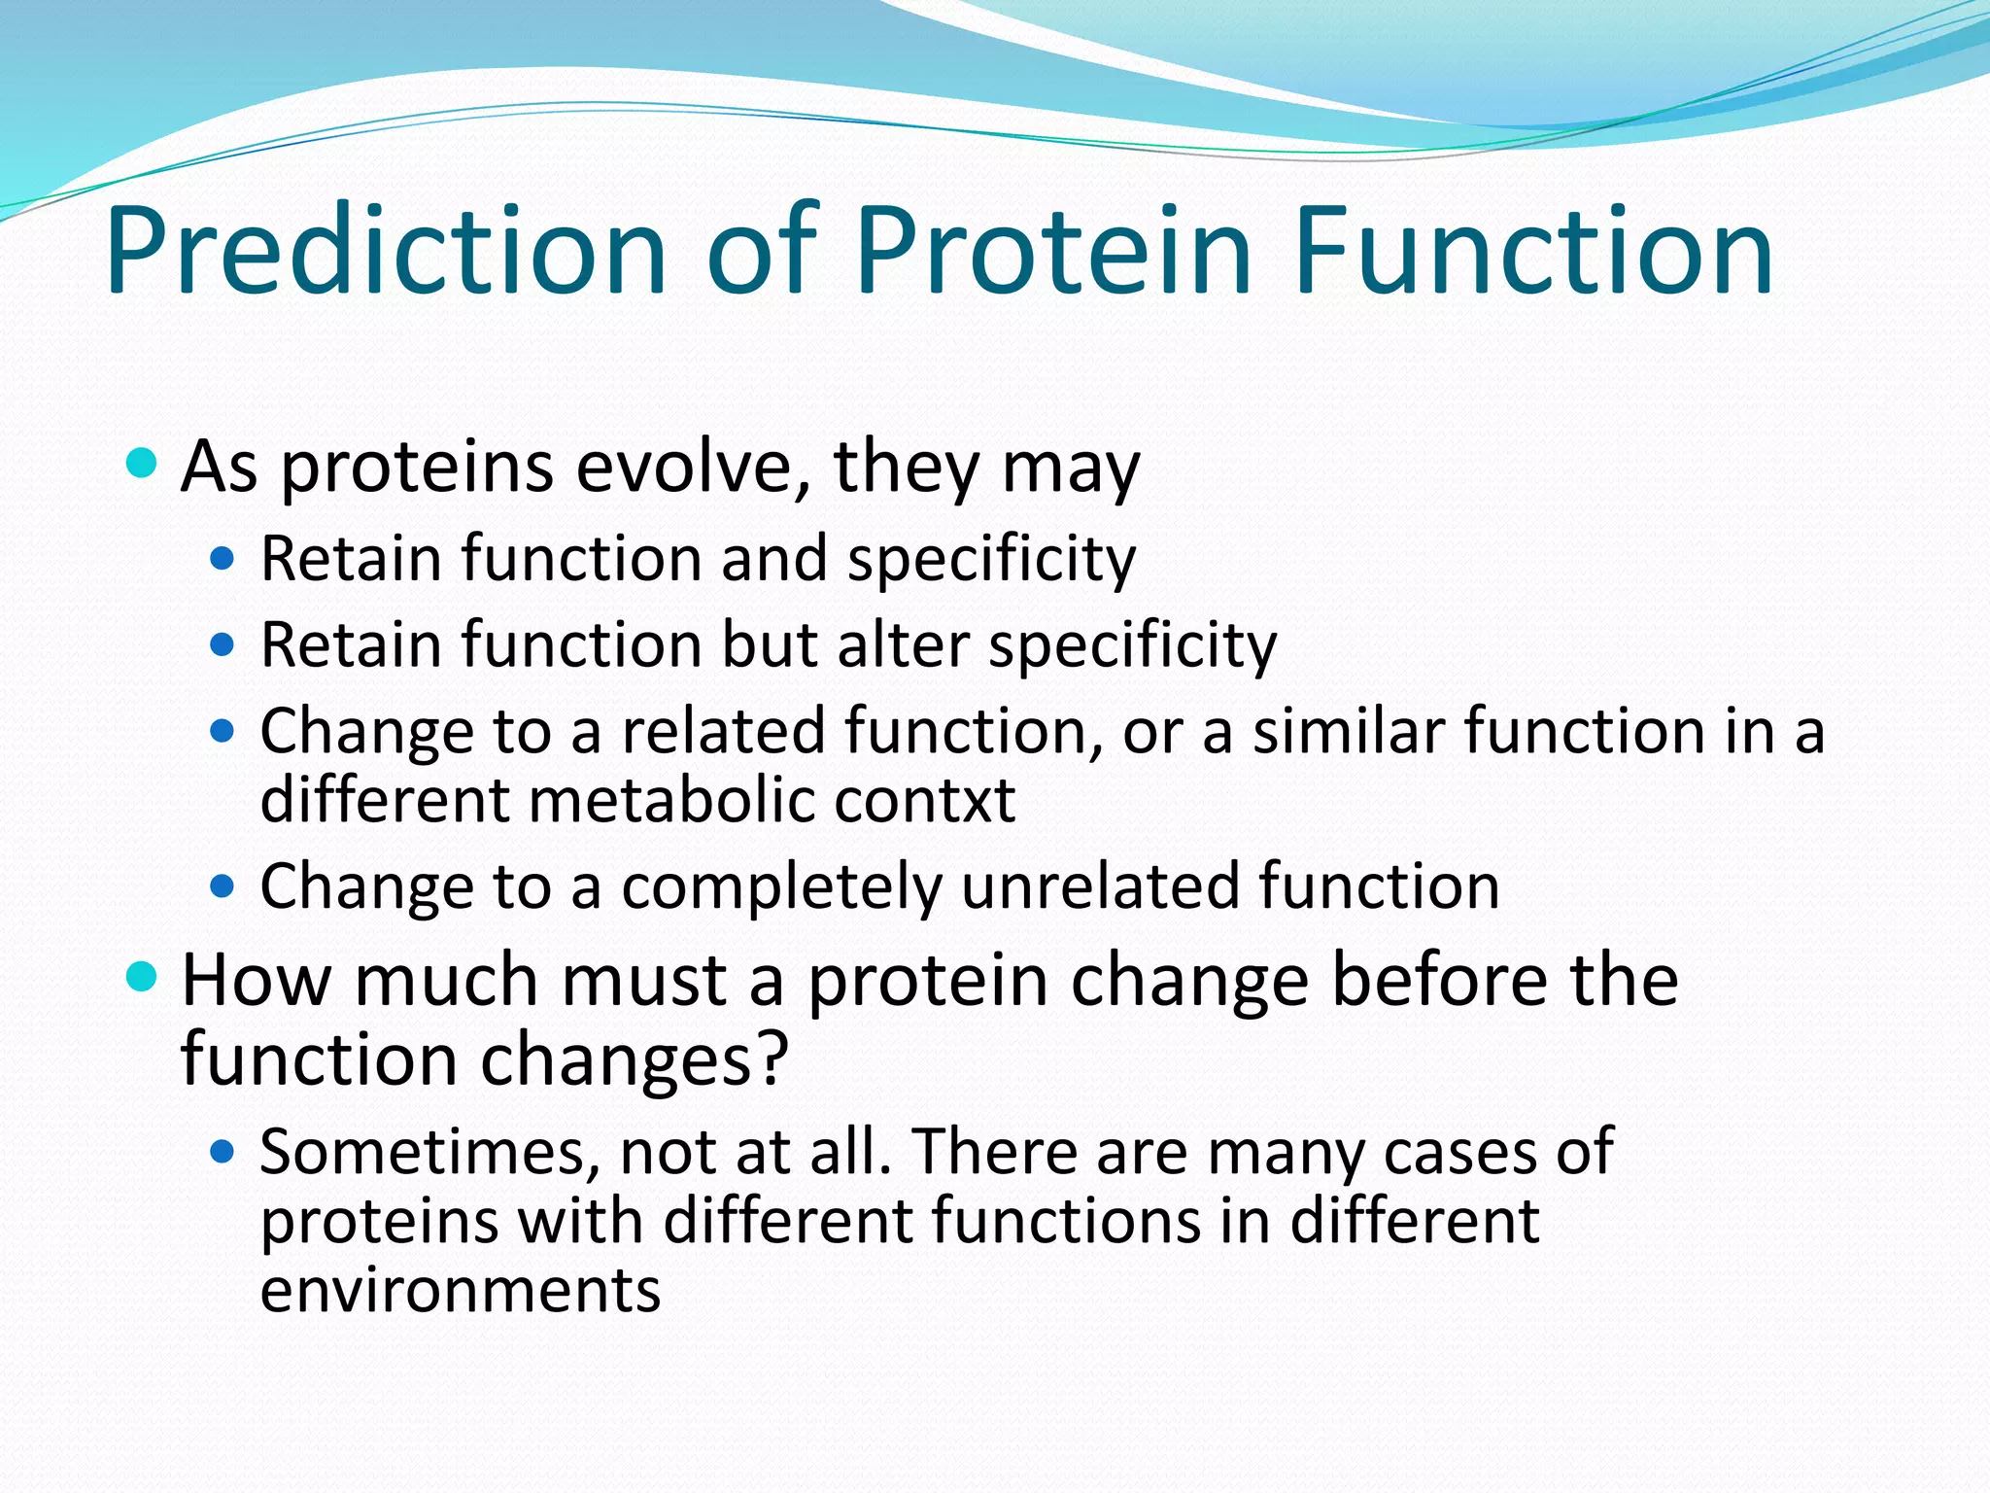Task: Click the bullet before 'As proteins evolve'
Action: coord(142,463)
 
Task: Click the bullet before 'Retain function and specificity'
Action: coord(223,559)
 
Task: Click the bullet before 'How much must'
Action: coord(142,976)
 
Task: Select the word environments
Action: coord(461,1291)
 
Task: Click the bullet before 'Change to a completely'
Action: coord(223,886)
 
